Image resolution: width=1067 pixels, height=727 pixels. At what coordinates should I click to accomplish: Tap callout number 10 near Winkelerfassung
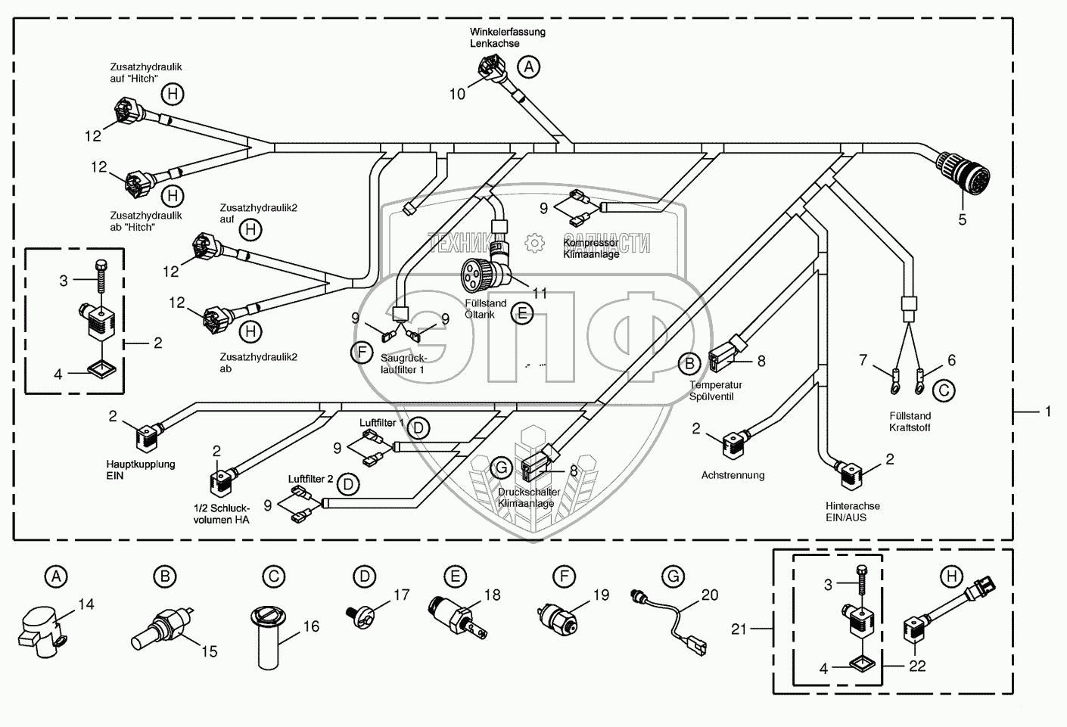point(458,94)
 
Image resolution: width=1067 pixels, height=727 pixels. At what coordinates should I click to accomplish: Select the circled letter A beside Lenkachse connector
point(529,67)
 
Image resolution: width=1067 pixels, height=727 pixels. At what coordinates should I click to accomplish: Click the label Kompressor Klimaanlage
point(591,248)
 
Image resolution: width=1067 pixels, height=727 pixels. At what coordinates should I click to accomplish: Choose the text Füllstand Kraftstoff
point(910,421)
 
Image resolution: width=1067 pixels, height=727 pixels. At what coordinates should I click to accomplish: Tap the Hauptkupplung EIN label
point(141,470)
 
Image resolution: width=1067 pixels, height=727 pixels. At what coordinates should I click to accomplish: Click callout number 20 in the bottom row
point(709,595)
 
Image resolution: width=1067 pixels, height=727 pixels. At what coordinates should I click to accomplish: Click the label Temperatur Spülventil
point(711,390)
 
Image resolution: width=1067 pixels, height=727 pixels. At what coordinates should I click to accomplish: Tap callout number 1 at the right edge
point(1048,412)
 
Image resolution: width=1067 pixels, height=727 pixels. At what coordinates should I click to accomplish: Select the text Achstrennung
point(733,475)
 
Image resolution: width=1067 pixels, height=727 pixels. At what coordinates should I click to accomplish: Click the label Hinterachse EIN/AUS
point(853,511)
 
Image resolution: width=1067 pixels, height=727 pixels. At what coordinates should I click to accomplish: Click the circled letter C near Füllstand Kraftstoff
point(943,390)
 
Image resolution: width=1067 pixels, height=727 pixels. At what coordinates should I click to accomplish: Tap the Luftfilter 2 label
point(310,479)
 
